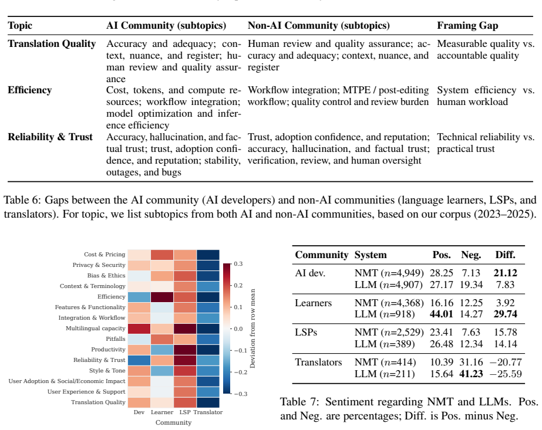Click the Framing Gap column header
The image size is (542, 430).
tap(467, 26)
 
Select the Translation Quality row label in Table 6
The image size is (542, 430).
tap(52, 44)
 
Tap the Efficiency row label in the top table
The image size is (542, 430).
tap(30, 90)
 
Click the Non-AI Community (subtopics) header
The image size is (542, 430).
tap(319, 26)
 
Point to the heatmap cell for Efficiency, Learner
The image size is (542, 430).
tap(162, 297)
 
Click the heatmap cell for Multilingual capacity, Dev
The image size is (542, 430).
tap(139, 329)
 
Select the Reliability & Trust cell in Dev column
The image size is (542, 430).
tap(139, 360)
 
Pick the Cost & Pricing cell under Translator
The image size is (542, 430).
tap(208, 255)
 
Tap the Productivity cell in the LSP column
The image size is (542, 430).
tap(185, 350)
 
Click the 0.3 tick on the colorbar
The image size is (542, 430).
tap(238, 264)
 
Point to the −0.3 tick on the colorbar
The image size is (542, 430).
tap(238, 394)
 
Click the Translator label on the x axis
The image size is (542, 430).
tap(208, 412)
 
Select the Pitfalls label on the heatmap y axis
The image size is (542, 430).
tap(116, 339)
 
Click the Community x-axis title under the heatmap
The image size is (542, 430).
tap(174, 423)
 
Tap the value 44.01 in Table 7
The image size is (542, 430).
tap(441, 314)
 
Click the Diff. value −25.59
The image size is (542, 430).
tap(506, 374)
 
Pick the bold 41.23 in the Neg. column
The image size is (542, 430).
tap(471, 374)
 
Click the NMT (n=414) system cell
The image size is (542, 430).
tap(385, 363)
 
